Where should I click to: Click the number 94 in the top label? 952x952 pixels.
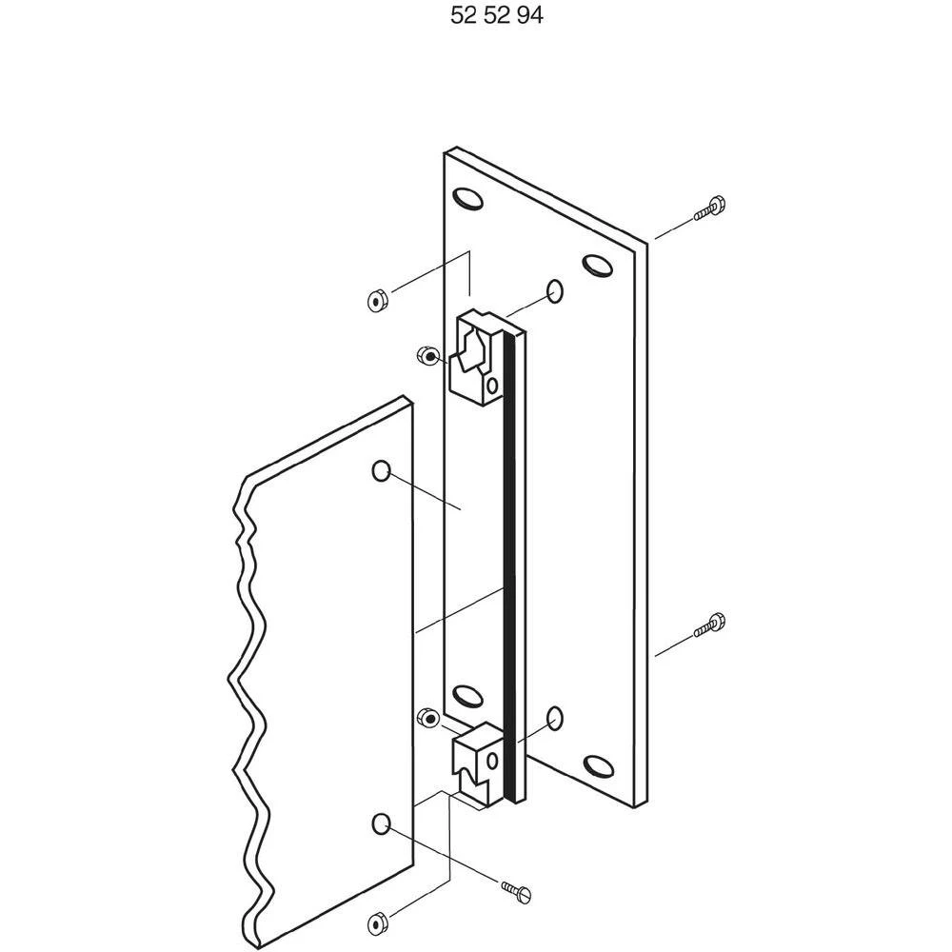[529, 16]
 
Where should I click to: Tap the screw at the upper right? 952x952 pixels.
[711, 208]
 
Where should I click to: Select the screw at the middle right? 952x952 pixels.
[711, 625]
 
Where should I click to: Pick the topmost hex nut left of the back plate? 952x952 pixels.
[377, 302]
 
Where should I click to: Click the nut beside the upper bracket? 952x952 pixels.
[427, 356]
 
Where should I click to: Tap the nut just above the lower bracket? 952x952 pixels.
[428, 716]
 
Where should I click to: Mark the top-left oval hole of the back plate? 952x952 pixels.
[467, 199]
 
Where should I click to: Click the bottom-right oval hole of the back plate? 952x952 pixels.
[598, 764]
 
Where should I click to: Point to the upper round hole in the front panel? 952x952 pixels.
[381, 470]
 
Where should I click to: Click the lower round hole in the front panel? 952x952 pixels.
[381, 823]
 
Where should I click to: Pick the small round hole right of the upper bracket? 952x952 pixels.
[555, 289]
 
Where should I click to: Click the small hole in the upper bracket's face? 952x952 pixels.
[491, 386]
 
